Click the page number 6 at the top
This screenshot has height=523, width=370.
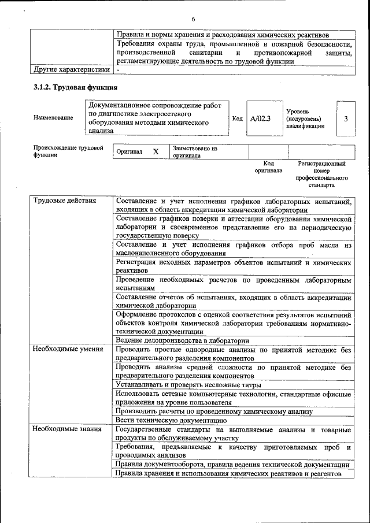[193, 18]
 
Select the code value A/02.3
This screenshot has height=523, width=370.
[260, 118]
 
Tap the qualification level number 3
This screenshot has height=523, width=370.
[346, 118]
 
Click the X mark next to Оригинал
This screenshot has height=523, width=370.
[156, 151]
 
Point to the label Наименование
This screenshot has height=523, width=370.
[53, 118]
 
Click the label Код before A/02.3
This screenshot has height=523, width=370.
[237, 118]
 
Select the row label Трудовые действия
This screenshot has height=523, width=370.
[64, 201]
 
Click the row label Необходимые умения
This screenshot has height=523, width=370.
[68, 349]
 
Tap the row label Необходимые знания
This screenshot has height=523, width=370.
[67, 429]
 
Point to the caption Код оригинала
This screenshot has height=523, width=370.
[268, 167]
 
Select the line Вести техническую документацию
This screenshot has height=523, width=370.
[171, 420]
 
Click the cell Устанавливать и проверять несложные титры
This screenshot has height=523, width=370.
[188, 384]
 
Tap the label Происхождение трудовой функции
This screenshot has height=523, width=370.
[68, 151]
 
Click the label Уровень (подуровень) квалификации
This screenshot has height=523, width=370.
[305, 118]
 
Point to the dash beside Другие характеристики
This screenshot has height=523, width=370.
[118, 70]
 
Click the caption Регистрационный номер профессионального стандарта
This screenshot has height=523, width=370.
[321, 175]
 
